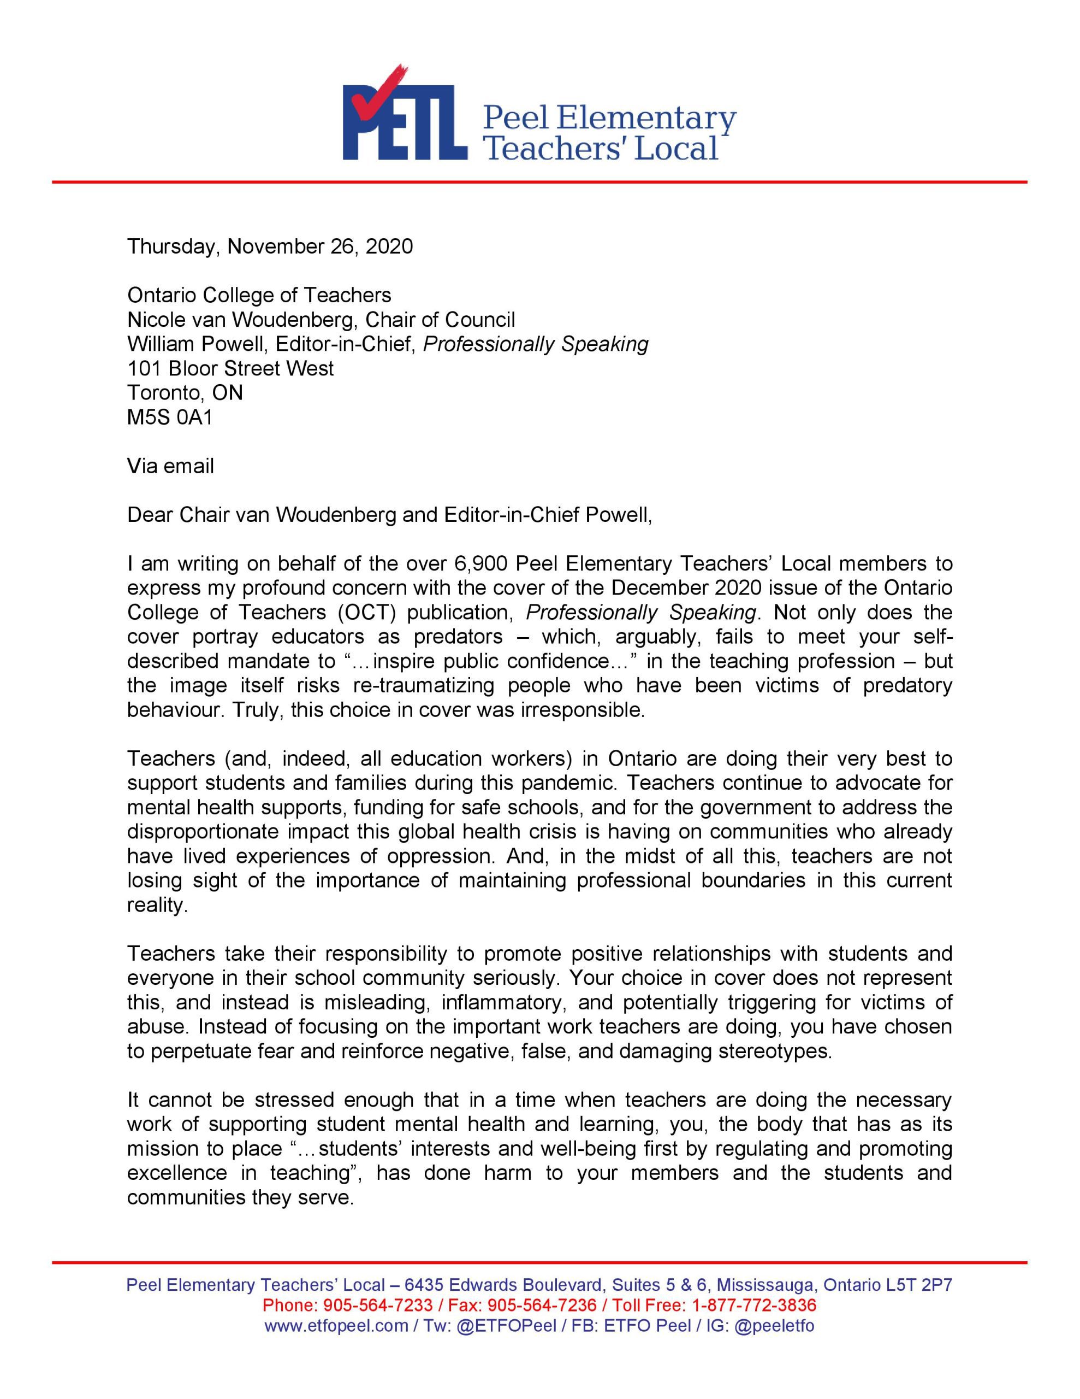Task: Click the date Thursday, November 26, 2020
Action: click(x=270, y=246)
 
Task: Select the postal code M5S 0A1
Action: click(x=170, y=417)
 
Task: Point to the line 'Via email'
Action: click(x=170, y=466)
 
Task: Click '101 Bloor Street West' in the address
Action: click(x=230, y=368)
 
